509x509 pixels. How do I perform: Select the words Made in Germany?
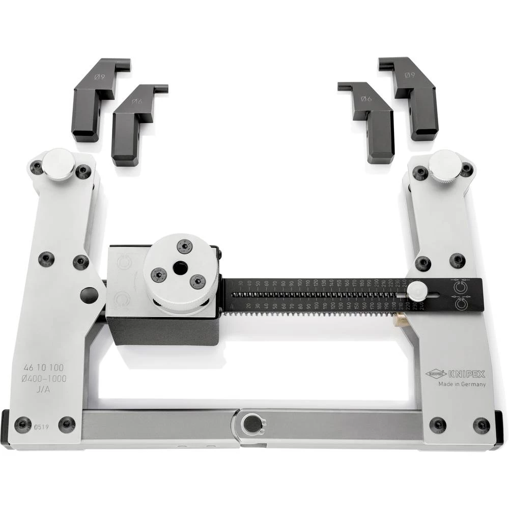tap(462, 384)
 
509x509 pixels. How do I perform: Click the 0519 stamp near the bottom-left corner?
tap(42, 427)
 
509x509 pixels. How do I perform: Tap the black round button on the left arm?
tap(90, 295)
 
